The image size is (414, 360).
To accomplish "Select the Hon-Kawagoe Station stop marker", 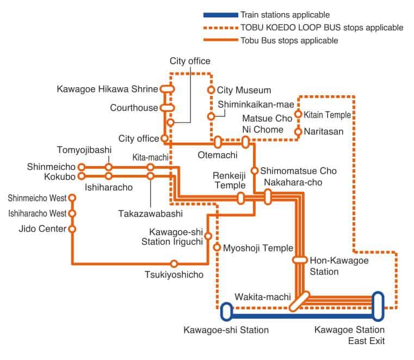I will pos(300,260).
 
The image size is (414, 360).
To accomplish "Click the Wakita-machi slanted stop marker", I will pos(298,301).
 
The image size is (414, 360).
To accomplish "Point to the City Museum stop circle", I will pos(211,90).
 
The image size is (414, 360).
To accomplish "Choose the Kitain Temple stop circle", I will pos(298,115).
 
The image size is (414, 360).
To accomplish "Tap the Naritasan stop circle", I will pos(298,131).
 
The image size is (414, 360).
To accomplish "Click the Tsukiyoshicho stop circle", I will pos(174,264).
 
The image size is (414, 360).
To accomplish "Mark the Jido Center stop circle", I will pos(72,229).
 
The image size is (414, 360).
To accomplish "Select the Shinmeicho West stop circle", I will pos(72,197).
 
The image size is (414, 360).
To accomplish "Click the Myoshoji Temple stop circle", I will pos(217,248).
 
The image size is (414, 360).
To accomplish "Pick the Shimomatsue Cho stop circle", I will pos(254,170).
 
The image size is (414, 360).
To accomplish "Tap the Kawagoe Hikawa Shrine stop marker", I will pos(167,89).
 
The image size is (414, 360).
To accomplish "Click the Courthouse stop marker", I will pos(167,108).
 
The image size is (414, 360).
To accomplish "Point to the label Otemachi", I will pos(217,155).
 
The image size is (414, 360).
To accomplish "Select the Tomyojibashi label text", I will pos(84,149).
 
